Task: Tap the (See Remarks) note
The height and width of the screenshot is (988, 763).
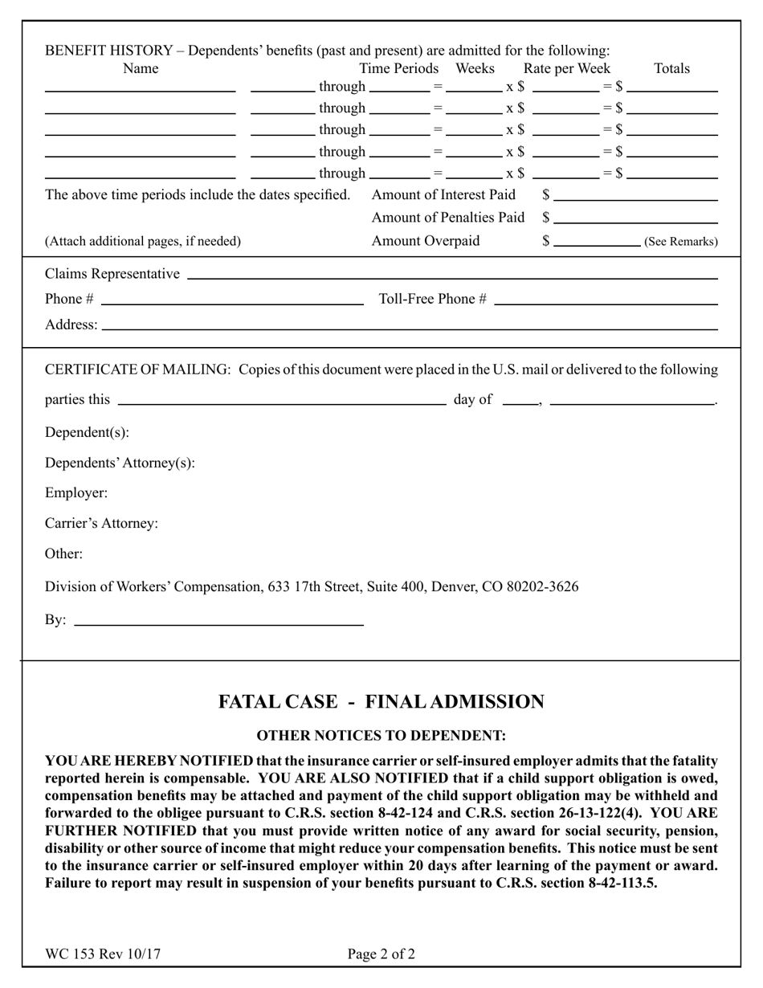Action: pos(681,242)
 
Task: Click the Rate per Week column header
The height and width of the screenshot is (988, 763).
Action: pos(567,69)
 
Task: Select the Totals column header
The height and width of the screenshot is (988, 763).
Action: pos(672,69)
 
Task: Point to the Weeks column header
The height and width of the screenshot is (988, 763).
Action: pos(475,69)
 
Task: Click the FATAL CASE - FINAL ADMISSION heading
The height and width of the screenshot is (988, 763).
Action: pos(381,702)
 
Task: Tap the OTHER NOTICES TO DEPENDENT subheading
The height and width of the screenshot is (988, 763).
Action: pos(381,736)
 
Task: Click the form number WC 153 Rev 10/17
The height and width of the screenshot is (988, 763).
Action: pos(103,955)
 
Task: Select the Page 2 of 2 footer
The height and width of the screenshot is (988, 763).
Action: pos(381,955)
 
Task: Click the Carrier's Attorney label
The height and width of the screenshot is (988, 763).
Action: pos(102,524)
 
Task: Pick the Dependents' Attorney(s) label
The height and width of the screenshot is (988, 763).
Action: pos(120,463)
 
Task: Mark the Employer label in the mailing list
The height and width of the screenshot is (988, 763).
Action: pos(76,493)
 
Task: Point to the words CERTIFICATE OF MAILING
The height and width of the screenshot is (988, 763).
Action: pos(137,369)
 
